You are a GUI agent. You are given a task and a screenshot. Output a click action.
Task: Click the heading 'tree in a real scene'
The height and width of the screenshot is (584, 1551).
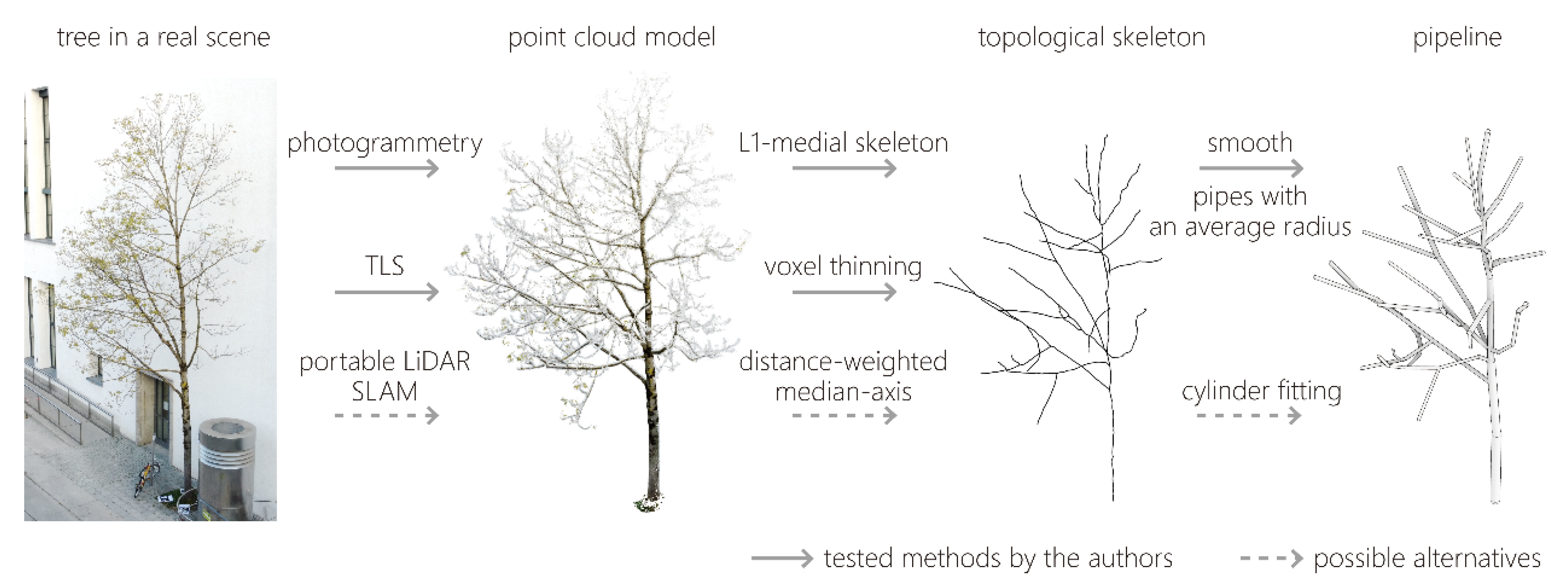(x=163, y=37)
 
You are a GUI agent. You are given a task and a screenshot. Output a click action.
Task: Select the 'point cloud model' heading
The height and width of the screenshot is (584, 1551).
(x=612, y=37)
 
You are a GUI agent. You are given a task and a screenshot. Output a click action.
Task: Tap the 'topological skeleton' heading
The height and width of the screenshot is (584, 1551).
(x=1091, y=37)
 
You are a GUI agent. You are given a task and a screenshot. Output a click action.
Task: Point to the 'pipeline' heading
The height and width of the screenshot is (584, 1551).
(x=1457, y=37)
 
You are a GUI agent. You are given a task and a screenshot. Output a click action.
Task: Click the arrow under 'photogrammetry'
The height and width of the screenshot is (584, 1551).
(x=387, y=168)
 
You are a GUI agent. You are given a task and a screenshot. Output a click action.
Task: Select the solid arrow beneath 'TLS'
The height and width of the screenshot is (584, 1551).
(x=387, y=292)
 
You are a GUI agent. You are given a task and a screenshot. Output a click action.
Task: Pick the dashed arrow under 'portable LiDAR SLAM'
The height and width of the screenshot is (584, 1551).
(x=387, y=415)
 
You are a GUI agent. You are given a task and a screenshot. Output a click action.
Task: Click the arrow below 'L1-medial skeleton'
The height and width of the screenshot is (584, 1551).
(x=844, y=168)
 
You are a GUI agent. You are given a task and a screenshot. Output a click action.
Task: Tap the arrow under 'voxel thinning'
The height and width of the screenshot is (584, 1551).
(x=844, y=292)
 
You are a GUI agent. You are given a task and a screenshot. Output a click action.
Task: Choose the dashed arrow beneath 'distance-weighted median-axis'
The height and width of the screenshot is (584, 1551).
(x=844, y=415)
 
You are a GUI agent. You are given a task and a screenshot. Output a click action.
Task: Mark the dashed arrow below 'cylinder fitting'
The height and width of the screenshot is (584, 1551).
(x=1249, y=415)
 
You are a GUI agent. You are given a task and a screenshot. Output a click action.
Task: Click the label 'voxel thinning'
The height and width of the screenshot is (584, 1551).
(x=843, y=266)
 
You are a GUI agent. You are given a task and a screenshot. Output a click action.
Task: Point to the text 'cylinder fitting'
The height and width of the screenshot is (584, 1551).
(x=1261, y=391)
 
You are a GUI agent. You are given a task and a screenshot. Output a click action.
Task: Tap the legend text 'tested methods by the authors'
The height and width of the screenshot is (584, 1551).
(x=997, y=558)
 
